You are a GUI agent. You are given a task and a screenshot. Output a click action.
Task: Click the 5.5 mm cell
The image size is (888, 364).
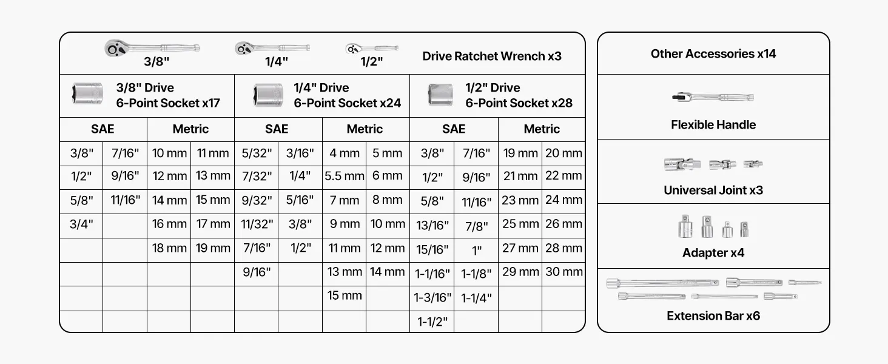coord(344,176)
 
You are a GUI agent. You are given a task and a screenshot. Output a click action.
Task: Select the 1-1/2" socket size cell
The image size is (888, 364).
coord(432,322)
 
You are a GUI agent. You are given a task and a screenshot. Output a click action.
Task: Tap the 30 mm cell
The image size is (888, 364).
coord(563,272)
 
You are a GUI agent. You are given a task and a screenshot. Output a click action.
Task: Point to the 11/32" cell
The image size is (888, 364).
coord(257,224)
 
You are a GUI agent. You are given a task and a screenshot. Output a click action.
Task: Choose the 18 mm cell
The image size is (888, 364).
coord(169,248)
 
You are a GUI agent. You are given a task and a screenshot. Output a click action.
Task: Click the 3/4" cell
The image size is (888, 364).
coord(81,224)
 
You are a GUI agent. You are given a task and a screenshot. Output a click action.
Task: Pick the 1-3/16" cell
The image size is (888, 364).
coord(432,297)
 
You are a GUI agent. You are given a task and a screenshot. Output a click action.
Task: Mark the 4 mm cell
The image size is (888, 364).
coord(344,153)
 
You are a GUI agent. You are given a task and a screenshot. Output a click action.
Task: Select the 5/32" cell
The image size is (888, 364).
coord(257,153)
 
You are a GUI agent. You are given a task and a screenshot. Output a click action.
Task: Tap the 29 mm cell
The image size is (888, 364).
coord(520,272)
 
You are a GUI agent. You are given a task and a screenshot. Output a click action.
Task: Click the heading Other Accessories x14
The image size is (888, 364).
coord(713,54)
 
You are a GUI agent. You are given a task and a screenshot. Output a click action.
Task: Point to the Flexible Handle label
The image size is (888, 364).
coord(713,125)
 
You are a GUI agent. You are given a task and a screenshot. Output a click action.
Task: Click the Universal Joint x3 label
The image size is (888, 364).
coord(713,190)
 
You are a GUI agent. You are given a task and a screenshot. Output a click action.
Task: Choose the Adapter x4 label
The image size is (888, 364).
coord(713,253)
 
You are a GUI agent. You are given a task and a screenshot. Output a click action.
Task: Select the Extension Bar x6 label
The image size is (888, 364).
coord(713,316)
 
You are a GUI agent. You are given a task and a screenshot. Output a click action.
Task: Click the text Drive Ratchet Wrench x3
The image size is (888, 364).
coord(492,56)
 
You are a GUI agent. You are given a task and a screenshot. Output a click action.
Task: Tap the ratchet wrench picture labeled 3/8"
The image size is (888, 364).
coord(152,48)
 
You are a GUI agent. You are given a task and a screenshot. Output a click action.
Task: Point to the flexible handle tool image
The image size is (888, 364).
coord(713,97)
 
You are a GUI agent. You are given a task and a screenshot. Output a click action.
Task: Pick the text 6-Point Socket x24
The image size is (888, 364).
coord(348,103)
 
